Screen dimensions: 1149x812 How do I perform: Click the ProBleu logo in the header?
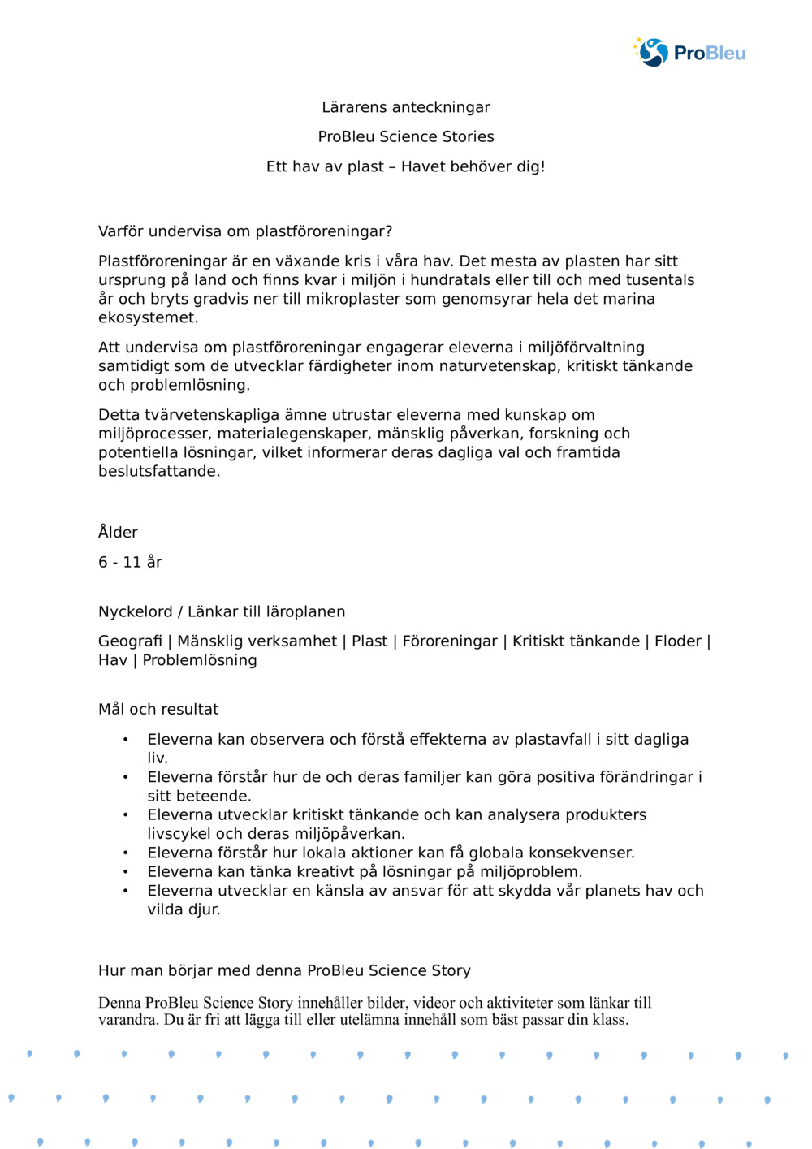point(689,53)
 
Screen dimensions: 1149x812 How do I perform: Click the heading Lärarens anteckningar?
point(406,107)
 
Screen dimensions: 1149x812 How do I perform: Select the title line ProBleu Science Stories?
point(406,136)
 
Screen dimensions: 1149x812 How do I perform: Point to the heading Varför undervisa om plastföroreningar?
point(245,231)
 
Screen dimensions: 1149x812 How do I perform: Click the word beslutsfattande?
point(158,471)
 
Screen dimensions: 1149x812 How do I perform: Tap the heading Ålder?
point(118,533)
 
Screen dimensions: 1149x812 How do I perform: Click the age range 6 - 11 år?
point(130,562)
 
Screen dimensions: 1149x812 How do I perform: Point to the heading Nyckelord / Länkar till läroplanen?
point(222,611)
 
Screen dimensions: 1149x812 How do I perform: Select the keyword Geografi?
point(130,641)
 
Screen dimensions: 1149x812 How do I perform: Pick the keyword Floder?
point(677,641)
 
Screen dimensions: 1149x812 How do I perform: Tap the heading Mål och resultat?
point(158,710)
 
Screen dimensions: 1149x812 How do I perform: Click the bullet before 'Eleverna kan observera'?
point(125,740)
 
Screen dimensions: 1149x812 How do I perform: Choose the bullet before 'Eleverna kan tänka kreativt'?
point(125,872)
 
